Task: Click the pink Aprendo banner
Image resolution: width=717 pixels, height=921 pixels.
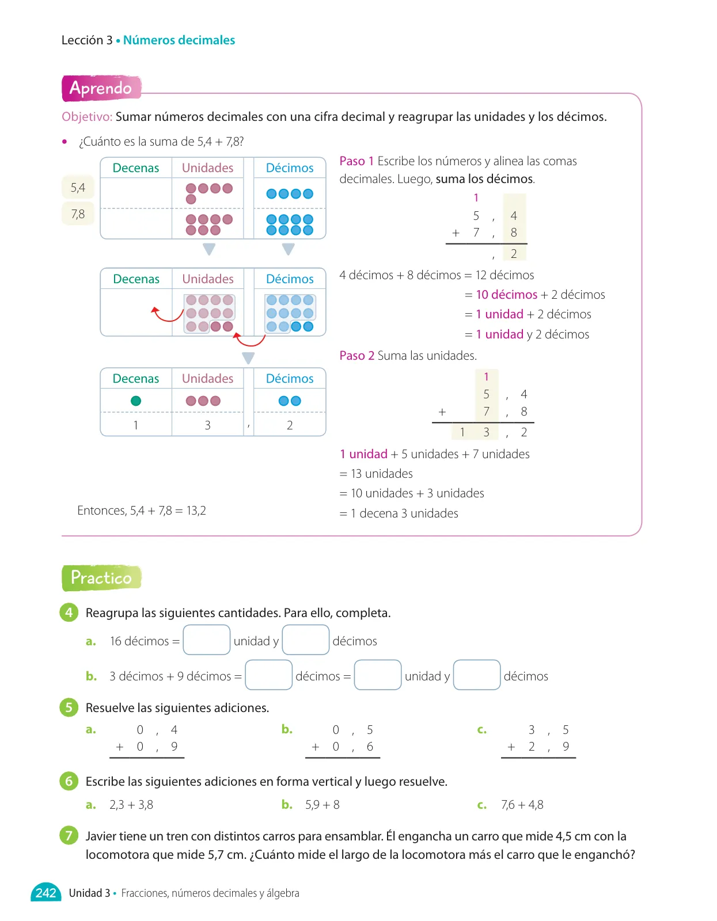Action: tap(101, 88)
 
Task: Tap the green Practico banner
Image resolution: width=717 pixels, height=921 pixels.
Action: tap(101, 577)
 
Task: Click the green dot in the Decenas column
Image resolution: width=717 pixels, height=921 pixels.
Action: tap(136, 401)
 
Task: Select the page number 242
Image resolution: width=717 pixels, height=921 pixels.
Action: tap(46, 893)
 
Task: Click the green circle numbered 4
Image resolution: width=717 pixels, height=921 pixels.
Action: tap(69, 612)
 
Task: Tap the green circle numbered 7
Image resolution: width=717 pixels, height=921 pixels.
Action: tap(69, 835)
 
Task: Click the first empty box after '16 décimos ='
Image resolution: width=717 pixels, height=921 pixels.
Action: tap(207, 640)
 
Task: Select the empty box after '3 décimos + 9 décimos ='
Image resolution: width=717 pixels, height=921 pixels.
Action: tap(269, 675)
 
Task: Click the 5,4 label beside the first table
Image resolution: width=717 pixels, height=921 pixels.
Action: tap(78, 187)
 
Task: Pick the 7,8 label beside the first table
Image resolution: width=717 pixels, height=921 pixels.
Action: tap(78, 214)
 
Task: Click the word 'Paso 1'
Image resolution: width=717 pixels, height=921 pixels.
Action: tap(356, 161)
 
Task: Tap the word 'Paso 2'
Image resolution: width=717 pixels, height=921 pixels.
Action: tap(356, 355)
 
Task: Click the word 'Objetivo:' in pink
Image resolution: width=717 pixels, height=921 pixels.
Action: tap(87, 116)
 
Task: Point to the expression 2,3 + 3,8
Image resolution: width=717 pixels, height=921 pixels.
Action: tap(131, 805)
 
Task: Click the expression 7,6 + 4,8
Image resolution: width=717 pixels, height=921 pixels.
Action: tap(522, 805)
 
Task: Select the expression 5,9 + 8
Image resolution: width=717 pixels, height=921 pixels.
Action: tap(323, 805)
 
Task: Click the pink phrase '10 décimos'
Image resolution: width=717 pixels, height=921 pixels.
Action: tap(506, 294)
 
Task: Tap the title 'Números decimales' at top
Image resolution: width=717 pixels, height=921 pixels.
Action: tap(179, 40)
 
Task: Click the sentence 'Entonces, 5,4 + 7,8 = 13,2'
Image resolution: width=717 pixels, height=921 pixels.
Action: tap(142, 511)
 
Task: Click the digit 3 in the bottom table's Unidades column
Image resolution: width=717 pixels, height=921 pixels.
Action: tap(208, 425)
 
